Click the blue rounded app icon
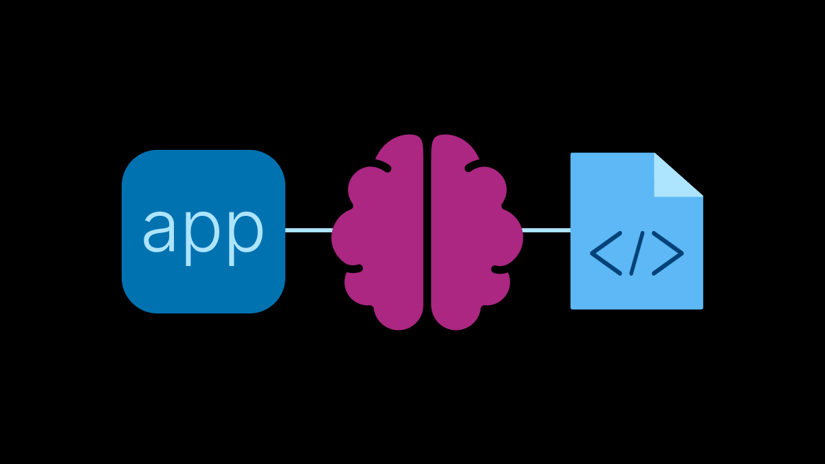pyautogui.click(x=203, y=232)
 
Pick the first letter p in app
pyautogui.click(x=201, y=238)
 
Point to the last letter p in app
pyautogui.click(x=246, y=238)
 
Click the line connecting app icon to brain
pyautogui.click(x=309, y=230)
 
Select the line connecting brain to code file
pyautogui.click(x=546, y=230)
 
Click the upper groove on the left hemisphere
pyautogui.click(x=383, y=166)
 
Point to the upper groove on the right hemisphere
pyautogui.click(x=472, y=166)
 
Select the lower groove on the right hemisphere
pyautogui.click(x=500, y=269)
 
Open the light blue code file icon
pyautogui.click(x=637, y=231)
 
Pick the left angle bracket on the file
pyautogui.click(x=606, y=254)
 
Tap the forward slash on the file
pyautogui.click(x=637, y=254)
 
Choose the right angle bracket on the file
pyautogui.click(x=668, y=254)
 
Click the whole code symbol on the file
pyautogui.click(x=637, y=254)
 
